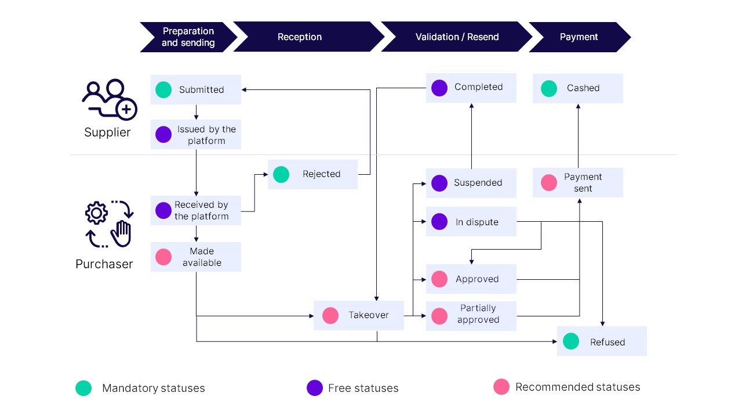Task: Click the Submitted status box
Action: coord(195,89)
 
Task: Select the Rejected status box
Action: coord(312,174)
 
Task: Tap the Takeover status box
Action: coord(358,315)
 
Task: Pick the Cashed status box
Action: coord(577,88)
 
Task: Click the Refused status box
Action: coord(602,341)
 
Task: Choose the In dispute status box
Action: coord(471,222)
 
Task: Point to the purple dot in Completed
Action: coord(439,88)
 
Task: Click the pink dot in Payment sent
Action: coord(549,182)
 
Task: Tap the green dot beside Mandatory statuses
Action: coord(83,388)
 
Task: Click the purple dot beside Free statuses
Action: coord(315,388)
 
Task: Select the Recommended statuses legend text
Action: coord(577,387)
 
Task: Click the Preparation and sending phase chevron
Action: coord(187,37)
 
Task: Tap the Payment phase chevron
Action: coord(579,37)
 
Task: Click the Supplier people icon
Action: coord(108,99)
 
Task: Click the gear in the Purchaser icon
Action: coord(96,213)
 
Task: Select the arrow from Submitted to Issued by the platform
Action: coord(196,112)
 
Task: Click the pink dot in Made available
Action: coord(163,257)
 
